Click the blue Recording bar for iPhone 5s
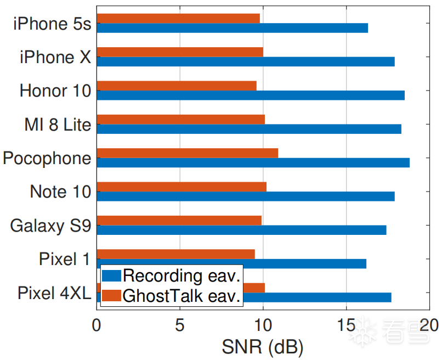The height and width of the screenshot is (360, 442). pos(232,28)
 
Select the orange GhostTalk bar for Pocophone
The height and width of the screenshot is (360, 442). pos(188,153)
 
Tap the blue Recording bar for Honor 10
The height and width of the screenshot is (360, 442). pos(251,95)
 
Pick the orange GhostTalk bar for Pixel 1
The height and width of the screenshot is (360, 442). pos(176,254)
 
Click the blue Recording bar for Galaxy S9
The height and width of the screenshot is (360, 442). pos(241,230)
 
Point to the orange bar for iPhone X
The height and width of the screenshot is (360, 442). pos(180,52)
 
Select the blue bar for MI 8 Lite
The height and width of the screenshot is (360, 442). pos(249,129)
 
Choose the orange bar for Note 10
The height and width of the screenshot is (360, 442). pos(182,187)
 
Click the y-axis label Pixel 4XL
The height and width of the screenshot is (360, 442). pos(54,292)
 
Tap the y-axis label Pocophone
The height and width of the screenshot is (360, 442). pos(47,158)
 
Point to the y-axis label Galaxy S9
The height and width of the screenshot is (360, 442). pos(50,226)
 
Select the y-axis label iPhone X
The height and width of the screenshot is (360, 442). pos(55,57)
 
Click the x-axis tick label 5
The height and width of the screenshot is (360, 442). pos(180,325)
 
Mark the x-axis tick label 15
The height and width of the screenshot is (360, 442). pos(345,325)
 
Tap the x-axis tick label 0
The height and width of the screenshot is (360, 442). pos(97,325)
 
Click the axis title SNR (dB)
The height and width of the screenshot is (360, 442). pos(262,347)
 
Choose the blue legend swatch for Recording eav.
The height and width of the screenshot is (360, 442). pos(111,275)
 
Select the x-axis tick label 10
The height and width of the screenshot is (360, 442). pos(263,325)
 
